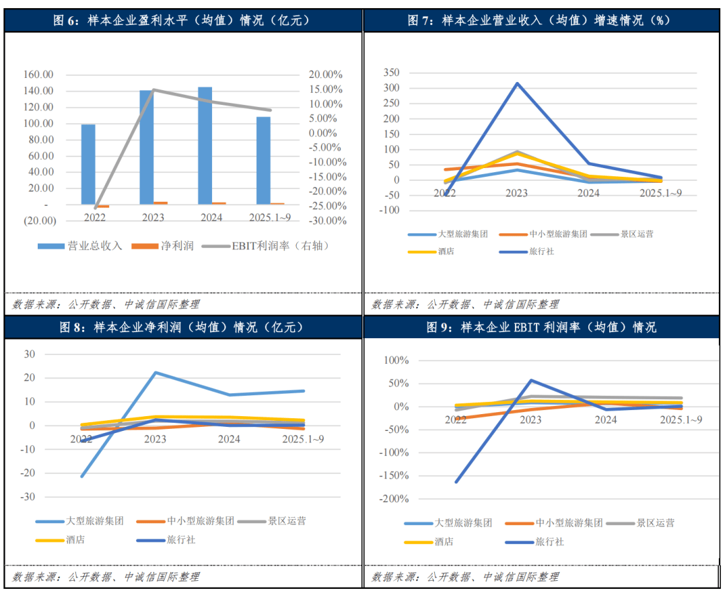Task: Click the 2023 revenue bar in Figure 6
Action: coord(146,147)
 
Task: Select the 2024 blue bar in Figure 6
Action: coord(205,145)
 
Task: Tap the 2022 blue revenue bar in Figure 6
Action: coord(88,164)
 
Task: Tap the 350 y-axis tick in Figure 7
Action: coord(390,73)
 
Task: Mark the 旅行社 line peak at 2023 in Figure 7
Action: coord(517,83)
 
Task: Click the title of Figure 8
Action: coord(182,327)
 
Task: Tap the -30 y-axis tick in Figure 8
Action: coord(29,497)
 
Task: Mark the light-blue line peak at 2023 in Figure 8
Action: coord(155,372)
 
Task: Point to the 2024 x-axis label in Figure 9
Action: coord(606,420)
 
